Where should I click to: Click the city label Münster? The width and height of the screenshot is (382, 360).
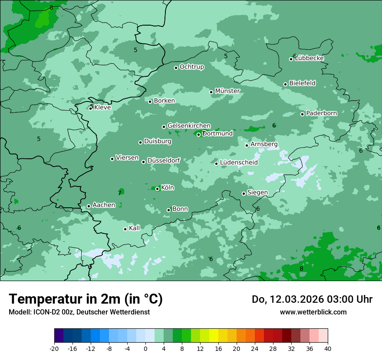[x=227, y=91]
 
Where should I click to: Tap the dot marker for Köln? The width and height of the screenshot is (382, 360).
[x=158, y=189]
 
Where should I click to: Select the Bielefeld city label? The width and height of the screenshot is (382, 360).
[x=303, y=83]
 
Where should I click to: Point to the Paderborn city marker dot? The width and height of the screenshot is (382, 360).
[x=303, y=114]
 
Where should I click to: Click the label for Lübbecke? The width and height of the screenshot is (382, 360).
[x=310, y=59]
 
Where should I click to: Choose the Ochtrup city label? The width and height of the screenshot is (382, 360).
[x=192, y=67]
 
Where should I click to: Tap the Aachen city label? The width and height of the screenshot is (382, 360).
[x=104, y=205]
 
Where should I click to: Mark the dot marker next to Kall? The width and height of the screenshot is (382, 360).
[x=125, y=229]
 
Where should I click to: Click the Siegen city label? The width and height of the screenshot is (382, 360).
[x=257, y=193]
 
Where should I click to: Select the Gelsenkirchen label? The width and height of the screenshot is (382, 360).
[x=189, y=126]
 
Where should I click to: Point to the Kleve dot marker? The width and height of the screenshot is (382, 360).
[x=91, y=108]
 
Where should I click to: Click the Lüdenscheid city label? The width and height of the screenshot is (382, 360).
[x=239, y=163]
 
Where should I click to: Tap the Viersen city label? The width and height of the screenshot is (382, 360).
[x=127, y=158]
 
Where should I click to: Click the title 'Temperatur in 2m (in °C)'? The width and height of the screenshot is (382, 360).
[x=86, y=299]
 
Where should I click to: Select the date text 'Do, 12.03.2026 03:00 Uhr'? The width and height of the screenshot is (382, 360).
[x=312, y=299]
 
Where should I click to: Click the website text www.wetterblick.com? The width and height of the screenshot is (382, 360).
[x=313, y=312]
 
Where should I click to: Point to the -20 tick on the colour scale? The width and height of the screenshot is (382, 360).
[x=54, y=349]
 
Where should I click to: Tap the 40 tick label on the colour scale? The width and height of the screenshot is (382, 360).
[x=328, y=349]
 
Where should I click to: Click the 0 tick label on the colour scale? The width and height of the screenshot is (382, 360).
[x=145, y=349]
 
